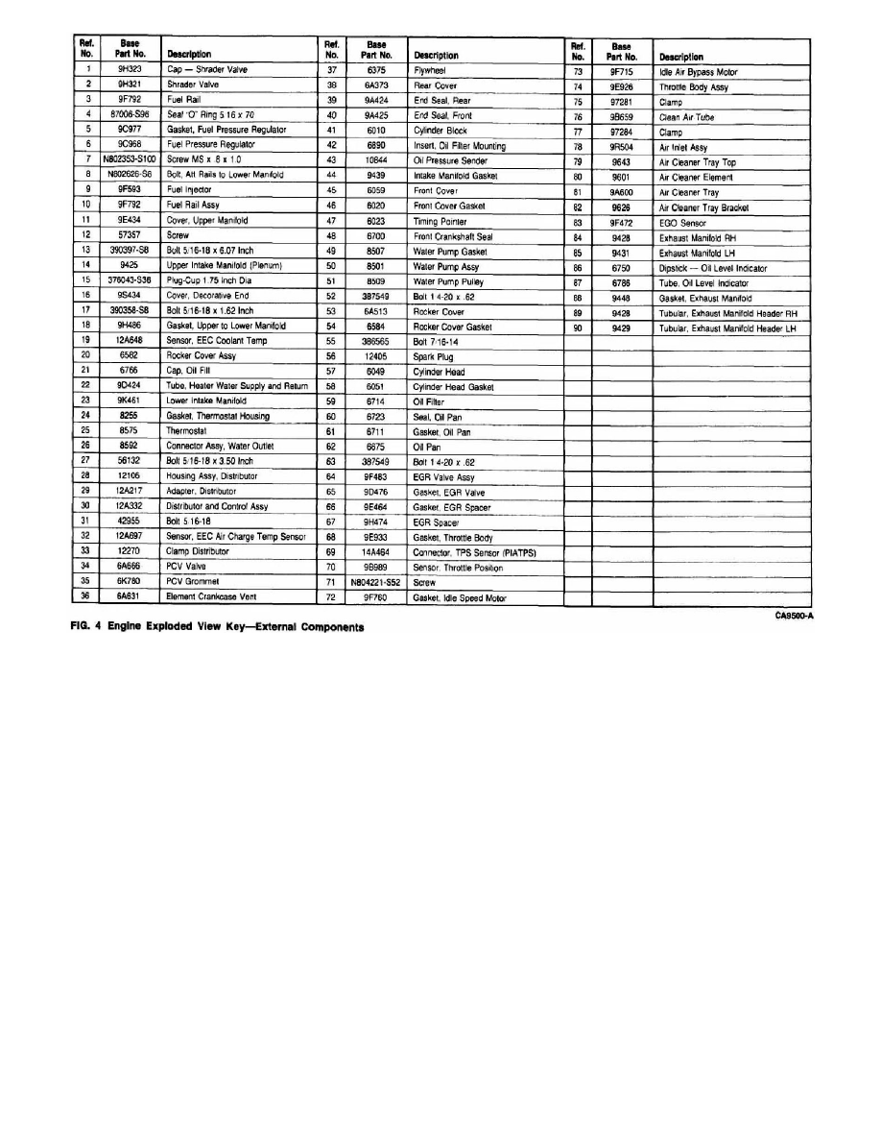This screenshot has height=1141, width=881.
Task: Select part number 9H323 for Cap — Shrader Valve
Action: click(130, 69)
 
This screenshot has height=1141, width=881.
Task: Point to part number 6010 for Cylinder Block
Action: click(375, 130)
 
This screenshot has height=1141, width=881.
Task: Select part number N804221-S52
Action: click(375, 582)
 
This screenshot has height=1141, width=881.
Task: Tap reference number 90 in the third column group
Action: click(578, 327)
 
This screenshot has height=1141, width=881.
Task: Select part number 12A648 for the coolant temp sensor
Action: click(130, 339)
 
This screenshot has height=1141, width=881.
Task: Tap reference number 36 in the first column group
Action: click(87, 596)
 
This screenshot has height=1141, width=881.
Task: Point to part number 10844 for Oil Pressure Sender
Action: click(375, 159)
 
